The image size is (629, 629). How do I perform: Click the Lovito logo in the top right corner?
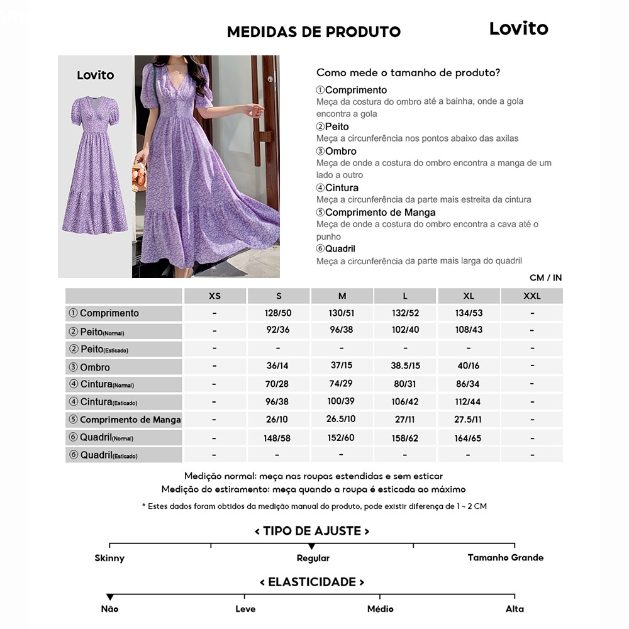[x=518, y=28]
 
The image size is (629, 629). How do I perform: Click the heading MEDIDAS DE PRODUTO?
[x=313, y=32]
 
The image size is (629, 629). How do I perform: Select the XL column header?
[x=469, y=296]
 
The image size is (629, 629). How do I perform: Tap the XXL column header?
[x=532, y=296]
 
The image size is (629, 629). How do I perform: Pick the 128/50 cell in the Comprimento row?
[x=278, y=313]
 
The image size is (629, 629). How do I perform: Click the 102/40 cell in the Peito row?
[x=405, y=330]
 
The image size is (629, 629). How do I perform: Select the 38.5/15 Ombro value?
[x=405, y=366]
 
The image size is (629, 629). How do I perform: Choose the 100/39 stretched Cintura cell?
[x=342, y=402]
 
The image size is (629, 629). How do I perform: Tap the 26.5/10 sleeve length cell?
[x=342, y=419]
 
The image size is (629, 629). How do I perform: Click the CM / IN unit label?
[x=545, y=278]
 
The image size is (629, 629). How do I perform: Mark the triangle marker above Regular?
[x=312, y=546]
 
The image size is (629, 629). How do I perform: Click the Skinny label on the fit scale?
[x=109, y=558]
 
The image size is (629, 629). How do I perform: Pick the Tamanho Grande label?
[x=505, y=557]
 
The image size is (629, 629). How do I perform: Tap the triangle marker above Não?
[x=110, y=596]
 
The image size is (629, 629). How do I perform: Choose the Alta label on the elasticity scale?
[x=515, y=609]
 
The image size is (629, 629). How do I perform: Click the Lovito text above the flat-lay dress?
[x=96, y=75]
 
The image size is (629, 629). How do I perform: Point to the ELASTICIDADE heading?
[x=312, y=582]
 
